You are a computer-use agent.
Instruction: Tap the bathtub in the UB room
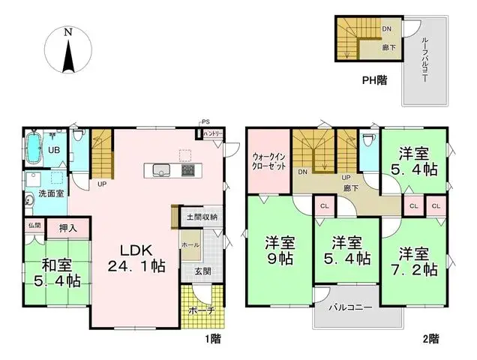coord(33,148)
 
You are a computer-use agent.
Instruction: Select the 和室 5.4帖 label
coord(56,273)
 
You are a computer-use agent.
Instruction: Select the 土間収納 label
coord(202,217)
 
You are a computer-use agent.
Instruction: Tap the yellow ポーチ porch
coord(202,310)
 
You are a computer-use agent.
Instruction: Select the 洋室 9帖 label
coord(278,250)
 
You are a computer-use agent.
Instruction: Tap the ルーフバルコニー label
coord(424,61)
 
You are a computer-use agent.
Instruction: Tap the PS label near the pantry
coord(204,121)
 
